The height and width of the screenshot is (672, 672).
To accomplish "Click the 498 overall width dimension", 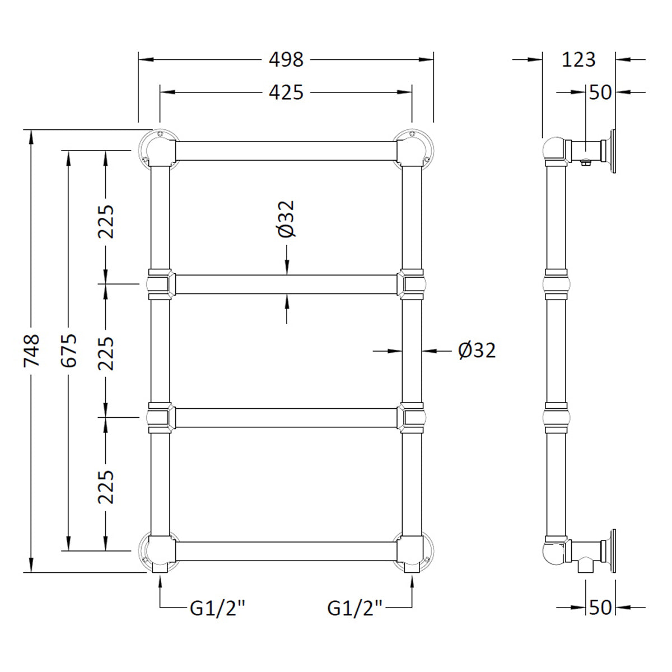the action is coord(286,59).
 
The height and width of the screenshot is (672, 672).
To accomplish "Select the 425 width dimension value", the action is coord(286,92).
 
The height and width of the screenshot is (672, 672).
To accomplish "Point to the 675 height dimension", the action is coord(68,351).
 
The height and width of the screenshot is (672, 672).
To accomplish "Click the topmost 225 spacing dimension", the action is coord(106,221).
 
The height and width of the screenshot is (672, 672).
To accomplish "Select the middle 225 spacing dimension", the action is coord(106,353).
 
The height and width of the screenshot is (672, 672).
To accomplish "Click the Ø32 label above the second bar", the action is coord(287,219).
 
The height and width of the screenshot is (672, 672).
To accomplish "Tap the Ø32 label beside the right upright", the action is coord(477,351).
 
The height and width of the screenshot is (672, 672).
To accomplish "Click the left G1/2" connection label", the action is coord(218,608).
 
